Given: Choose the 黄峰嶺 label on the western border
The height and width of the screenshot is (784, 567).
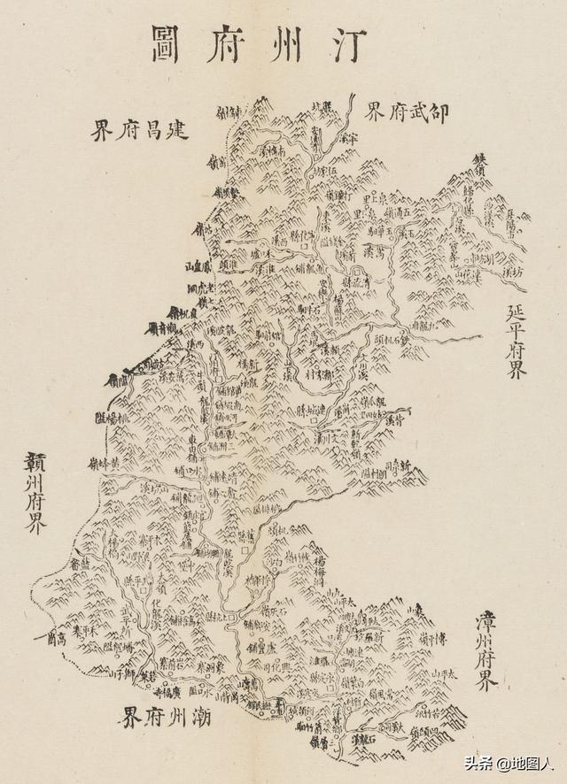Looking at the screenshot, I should click(x=105, y=461).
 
